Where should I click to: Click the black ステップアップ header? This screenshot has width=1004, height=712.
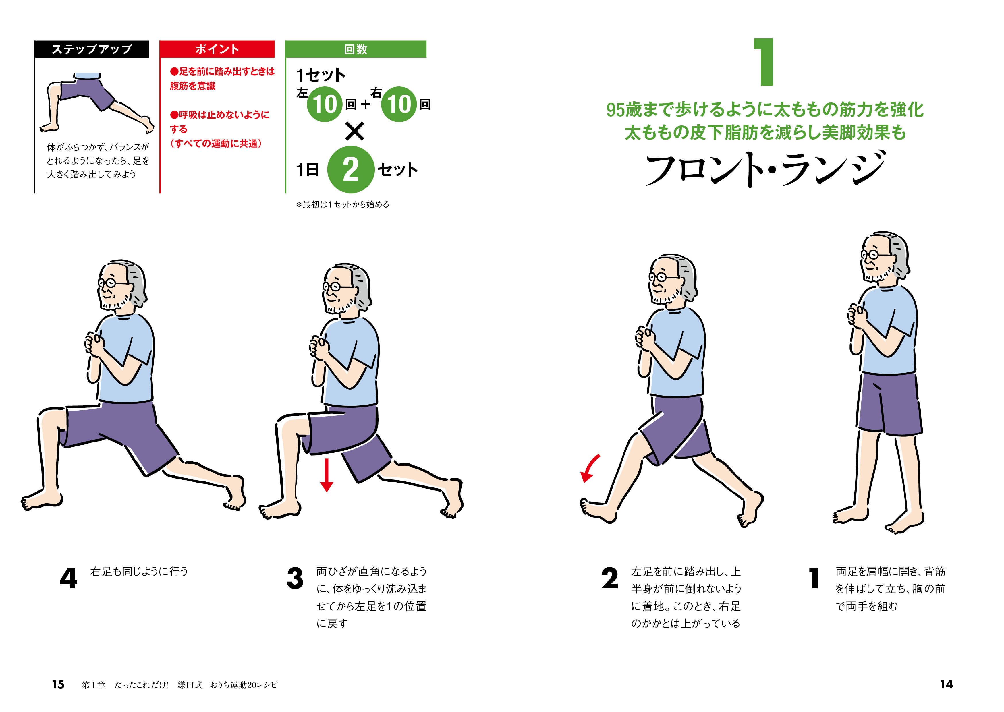pyautogui.click(x=92, y=49)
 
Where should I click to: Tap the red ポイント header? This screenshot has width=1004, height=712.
pyautogui.click(x=217, y=49)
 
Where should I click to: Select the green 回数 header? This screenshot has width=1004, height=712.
pyautogui.click(x=356, y=49)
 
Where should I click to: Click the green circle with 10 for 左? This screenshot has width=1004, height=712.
pyautogui.click(x=325, y=104)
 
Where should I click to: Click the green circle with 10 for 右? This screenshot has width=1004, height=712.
pyautogui.click(x=399, y=104)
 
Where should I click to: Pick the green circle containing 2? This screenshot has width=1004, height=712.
pyautogui.click(x=351, y=170)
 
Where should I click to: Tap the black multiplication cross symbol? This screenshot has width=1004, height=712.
pyautogui.click(x=354, y=131)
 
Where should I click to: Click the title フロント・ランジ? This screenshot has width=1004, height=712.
pyautogui.click(x=765, y=169)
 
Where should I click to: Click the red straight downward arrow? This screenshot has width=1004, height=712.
pyautogui.click(x=327, y=475)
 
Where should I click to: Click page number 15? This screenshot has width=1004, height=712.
pyautogui.click(x=58, y=685)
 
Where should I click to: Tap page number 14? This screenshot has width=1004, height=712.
pyautogui.click(x=946, y=685)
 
